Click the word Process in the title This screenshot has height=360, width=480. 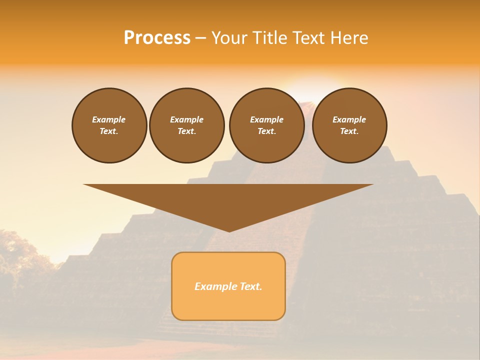(x=157, y=38)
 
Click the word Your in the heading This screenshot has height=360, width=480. (x=230, y=38)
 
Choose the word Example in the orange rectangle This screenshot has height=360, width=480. (x=214, y=286)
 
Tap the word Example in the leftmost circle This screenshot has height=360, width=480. (x=109, y=119)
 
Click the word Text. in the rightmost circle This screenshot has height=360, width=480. (x=349, y=131)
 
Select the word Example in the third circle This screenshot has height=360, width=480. (x=266, y=119)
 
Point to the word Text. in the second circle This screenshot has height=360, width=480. (x=186, y=131)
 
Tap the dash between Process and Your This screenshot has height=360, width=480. (x=200, y=38)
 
